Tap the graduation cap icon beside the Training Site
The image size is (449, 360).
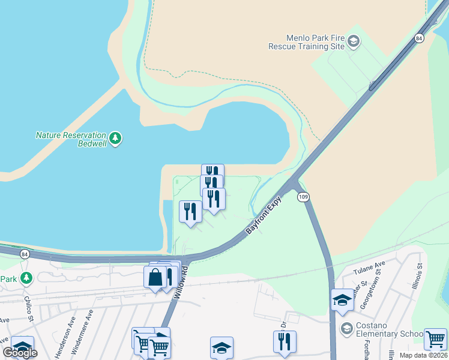point(354,41)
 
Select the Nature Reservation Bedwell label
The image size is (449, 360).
point(71,139)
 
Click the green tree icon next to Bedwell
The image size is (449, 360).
point(115,139)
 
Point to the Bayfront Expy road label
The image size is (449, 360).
point(263,215)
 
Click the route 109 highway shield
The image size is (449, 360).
point(303,197)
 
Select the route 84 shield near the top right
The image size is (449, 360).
point(418,38)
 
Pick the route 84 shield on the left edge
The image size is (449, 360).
point(24,254)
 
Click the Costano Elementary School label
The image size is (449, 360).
point(385,329)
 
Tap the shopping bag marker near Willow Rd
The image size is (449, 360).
point(155,278)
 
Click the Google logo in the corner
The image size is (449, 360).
point(20,352)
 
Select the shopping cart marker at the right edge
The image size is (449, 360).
point(435,338)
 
